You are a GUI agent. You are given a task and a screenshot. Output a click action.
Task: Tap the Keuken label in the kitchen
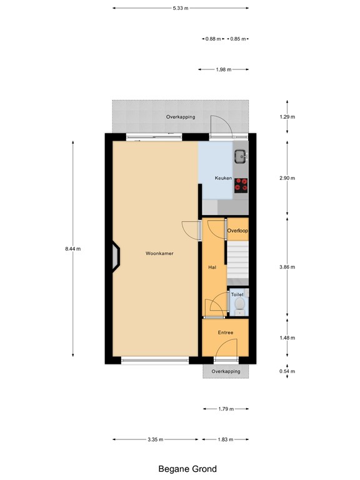click(224, 178)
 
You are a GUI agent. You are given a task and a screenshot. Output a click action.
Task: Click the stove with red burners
click(241, 184)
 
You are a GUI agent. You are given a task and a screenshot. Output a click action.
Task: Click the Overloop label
click(237, 231)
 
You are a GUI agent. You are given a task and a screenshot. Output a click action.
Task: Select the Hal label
click(212, 267)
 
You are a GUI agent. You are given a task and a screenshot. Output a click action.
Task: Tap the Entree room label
click(225, 332)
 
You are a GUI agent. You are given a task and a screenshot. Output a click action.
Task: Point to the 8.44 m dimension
click(72, 249)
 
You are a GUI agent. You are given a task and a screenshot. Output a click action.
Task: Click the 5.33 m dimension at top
click(181, 8)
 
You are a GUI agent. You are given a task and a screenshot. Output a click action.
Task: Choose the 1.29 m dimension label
click(287, 117)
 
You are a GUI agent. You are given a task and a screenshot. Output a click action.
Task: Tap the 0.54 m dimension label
click(287, 371)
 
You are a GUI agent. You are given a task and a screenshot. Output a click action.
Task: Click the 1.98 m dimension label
click(223, 69)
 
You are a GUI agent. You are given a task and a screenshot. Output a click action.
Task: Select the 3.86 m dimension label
click(287, 267)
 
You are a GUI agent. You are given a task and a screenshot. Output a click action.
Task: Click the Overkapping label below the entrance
click(226, 371)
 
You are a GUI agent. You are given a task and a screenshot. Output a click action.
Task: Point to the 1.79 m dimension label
click(226, 409)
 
